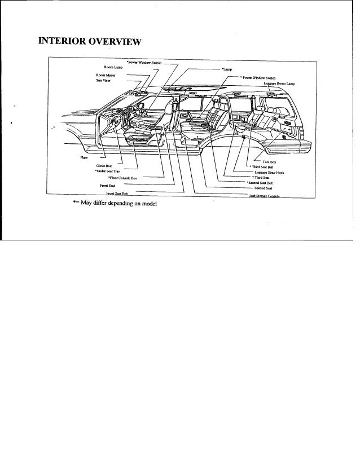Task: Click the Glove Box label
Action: pos(99,165)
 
